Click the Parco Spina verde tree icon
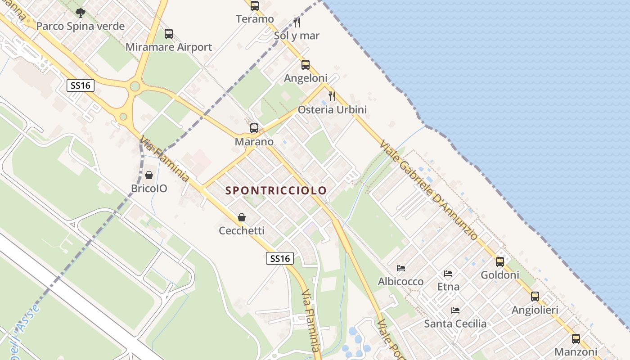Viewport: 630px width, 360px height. [x=81, y=13]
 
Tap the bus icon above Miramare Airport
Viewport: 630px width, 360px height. [x=169, y=34]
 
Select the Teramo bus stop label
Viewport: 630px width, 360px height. [x=255, y=19]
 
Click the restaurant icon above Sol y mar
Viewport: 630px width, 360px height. [x=297, y=22]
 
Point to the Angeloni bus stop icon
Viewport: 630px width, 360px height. [x=306, y=65]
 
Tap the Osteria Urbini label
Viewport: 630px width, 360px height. [x=332, y=109]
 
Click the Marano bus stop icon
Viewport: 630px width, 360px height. [x=254, y=128]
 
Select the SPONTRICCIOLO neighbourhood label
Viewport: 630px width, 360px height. [x=276, y=190]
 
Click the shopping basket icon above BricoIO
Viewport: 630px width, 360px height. [x=149, y=175]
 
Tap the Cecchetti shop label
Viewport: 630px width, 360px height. [x=242, y=231]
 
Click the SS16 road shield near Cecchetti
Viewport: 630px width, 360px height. [x=279, y=258]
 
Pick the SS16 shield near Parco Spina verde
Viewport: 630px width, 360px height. [x=81, y=85]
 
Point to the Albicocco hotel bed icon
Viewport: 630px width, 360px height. [x=401, y=268]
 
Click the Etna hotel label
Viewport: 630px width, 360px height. [x=448, y=287]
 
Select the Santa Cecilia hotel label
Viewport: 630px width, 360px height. [x=455, y=324]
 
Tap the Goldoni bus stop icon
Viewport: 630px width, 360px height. [x=500, y=261]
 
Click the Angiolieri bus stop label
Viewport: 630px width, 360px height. [x=535, y=310]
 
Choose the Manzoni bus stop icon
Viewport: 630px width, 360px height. [x=576, y=339]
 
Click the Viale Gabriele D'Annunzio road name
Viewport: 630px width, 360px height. [x=428, y=190]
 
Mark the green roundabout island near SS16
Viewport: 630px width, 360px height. [x=135, y=86]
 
